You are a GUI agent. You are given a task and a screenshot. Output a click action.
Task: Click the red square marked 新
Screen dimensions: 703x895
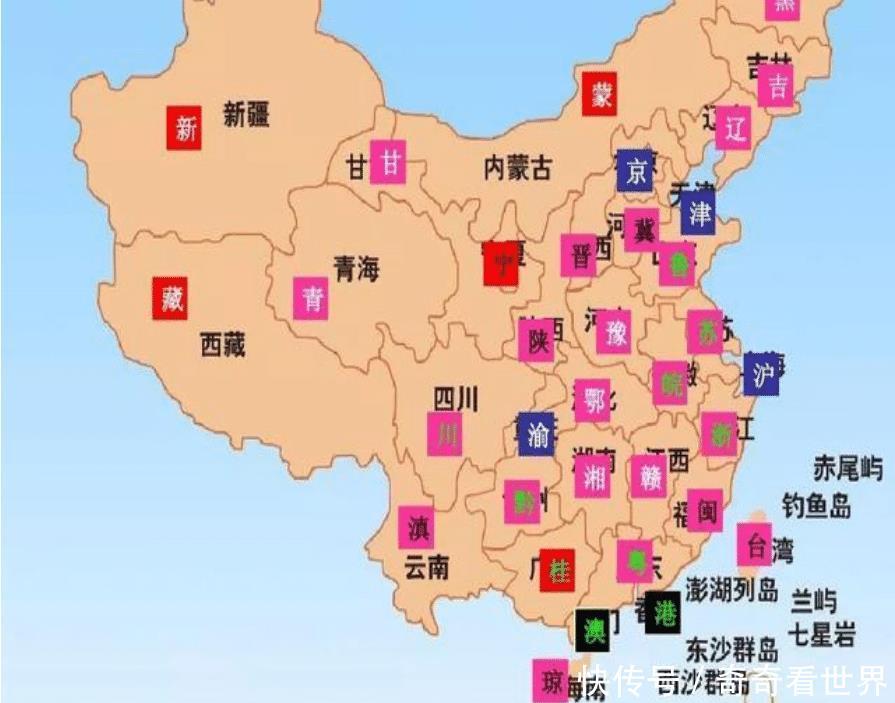tap(184, 127)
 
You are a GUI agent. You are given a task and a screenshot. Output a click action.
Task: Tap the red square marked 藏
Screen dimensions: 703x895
tap(171, 297)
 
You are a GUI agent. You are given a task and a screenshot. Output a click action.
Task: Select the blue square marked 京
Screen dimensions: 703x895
tap(634, 171)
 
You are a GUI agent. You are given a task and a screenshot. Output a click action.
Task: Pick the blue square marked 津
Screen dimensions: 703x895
tap(698, 214)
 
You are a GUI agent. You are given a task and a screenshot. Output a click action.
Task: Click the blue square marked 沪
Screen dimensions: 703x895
tap(762, 374)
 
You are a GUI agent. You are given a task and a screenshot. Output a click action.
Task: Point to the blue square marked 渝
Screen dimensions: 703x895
tap(536, 434)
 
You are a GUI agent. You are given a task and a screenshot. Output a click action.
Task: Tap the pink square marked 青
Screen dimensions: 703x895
tap(311, 298)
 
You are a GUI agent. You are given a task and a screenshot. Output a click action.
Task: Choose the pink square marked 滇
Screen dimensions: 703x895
tap(417, 527)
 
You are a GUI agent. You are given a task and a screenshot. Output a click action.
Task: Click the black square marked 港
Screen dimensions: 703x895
tap(663, 613)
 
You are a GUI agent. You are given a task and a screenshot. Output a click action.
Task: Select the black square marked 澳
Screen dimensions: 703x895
tap(592, 630)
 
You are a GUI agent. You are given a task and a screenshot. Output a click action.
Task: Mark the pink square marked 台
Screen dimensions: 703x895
tap(755, 544)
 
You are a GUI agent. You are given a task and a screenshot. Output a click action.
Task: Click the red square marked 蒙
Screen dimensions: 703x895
tap(601, 95)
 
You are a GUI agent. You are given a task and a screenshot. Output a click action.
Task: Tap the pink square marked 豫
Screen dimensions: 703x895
tap(613, 333)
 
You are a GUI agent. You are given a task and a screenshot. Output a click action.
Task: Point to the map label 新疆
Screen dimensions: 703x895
tap(246, 115)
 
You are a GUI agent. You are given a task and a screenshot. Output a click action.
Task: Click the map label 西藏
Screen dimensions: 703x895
tap(222, 346)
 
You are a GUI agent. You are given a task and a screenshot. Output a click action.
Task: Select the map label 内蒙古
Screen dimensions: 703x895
tap(517, 167)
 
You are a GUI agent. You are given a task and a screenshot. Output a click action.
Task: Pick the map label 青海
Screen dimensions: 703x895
tap(357, 268)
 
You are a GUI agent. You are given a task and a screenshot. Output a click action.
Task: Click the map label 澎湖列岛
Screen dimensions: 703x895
tap(732, 589)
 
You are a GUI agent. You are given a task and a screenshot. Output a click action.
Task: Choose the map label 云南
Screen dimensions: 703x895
tap(427, 567)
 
